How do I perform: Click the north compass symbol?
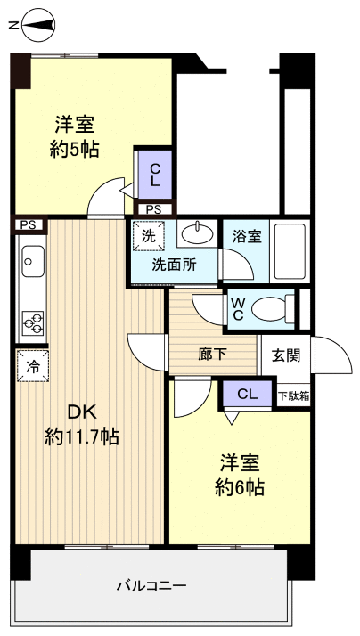click(34, 27)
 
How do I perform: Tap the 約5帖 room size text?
click(73, 149)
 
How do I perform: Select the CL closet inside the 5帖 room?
click(153, 174)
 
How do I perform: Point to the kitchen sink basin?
click(30, 261)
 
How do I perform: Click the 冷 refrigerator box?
click(31, 365)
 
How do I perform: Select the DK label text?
click(83, 412)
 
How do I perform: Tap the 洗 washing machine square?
click(148, 238)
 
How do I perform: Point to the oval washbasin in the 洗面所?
click(197, 235)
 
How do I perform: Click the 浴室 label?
click(246, 236)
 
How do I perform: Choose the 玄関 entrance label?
click(285, 355)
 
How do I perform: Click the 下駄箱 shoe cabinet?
click(293, 395)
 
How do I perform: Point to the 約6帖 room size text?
click(239, 487)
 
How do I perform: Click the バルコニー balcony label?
click(151, 586)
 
